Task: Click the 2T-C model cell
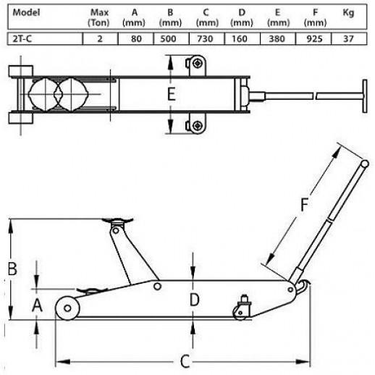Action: tap(22, 38)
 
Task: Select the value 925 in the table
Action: tap(314, 38)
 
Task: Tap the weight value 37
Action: tap(348, 38)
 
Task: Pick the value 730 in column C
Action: tap(205, 38)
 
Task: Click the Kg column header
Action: tap(348, 12)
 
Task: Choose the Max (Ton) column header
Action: tap(99, 17)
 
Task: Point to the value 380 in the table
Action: tap(277, 38)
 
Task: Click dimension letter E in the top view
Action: tap(171, 94)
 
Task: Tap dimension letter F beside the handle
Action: tap(305, 204)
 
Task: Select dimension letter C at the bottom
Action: tap(185, 361)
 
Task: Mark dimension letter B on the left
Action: tap(12, 269)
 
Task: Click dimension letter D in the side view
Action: tap(195, 300)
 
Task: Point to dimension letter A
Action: tap(37, 306)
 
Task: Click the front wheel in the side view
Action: tap(67, 308)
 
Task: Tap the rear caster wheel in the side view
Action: tap(240, 313)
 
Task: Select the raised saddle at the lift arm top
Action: tap(117, 221)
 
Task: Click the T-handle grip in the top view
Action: tap(365, 96)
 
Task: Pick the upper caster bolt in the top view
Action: tap(198, 64)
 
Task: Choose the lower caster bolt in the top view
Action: tap(198, 125)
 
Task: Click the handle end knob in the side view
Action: tap(365, 164)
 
